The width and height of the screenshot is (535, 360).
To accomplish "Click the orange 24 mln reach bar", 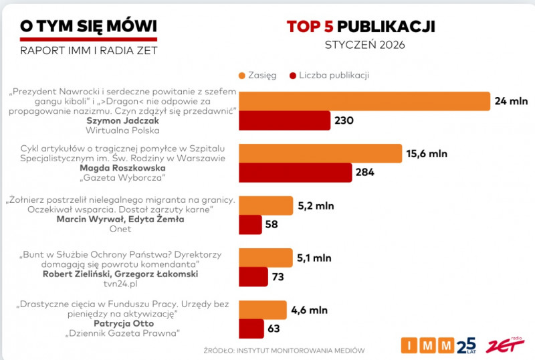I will click(x=365, y=101).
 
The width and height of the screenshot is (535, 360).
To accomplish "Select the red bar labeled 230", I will click(x=285, y=121).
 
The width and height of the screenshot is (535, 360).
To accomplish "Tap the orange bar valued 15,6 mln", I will click(x=320, y=153).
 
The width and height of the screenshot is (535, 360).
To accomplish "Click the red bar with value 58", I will click(x=250, y=224).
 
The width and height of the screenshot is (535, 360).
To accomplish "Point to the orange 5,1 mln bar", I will click(x=265, y=258).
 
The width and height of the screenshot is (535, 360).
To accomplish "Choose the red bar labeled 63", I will click(x=251, y=329).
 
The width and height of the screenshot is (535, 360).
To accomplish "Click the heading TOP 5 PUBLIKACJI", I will click(x=361, y=26).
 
